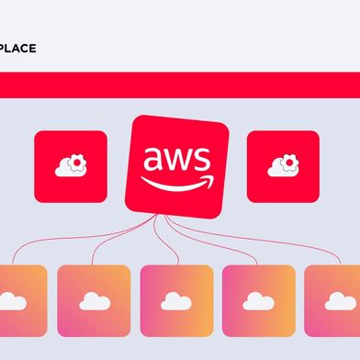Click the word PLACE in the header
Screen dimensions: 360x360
point(17,48)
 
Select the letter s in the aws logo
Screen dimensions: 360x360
point(204,161)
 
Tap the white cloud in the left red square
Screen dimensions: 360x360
point(67,169)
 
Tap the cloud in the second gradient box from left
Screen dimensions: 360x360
point(93,301)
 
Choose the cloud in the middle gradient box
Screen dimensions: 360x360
point(175,301)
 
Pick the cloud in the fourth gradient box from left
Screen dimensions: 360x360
point(258,301)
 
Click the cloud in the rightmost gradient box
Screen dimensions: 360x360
point(341,301)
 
